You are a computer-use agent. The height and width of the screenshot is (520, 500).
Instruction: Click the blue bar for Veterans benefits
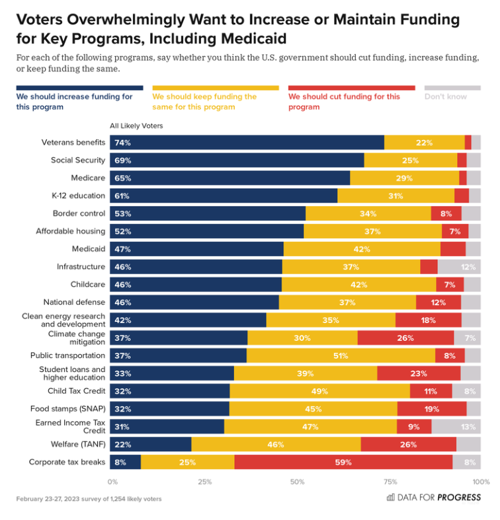pyautogui.click(x=247, y=142)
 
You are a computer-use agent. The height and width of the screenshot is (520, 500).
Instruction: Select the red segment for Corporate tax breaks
pyautogui.click(x=343, y=462)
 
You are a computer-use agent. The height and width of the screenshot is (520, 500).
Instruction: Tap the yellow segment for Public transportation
pyautogui.click(x=341, y=355)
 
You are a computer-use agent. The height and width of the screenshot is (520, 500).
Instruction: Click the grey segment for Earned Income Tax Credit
pyautogui.click(x=456, y=427)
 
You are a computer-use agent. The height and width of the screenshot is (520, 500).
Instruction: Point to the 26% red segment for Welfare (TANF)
pyautogui.click(x=408, y=445)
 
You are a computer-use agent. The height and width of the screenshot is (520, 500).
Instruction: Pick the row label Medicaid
pyautogui.click(x=89, y=249)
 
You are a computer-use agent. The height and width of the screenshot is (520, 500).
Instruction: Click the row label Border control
pyautogui.click(x=79, y=213)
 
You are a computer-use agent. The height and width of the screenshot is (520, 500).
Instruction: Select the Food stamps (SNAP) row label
pyautogui.click(x=67, y=408)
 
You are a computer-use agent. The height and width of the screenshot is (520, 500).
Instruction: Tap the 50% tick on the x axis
pyautogui.click(x=298, y=482)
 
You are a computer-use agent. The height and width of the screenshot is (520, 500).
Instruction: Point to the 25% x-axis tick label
pyautogui.click(x=205, y=482)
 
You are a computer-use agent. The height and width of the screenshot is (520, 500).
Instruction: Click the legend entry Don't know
pyautogui.click(x=445, y=96)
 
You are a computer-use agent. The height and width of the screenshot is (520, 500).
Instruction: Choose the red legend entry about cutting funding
pyautogui.click(x=344, y=101)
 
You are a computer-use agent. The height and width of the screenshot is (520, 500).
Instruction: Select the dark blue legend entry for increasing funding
pyautogui.click(x=74, y=101)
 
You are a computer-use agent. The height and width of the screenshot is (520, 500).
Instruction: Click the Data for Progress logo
pyautogui.click(x=433, y=498)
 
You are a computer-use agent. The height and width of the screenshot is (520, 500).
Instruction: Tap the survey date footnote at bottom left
pyautogui.click(x=89, y=499)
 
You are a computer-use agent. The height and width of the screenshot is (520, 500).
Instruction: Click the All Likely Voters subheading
pyautogui.click(x=136, y=126)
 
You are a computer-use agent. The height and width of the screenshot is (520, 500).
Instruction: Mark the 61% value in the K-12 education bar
pyautogui.click(x=122, y=196)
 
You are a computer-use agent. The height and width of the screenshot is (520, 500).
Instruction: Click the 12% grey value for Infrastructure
pyautogui.click(x=468, y=267)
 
